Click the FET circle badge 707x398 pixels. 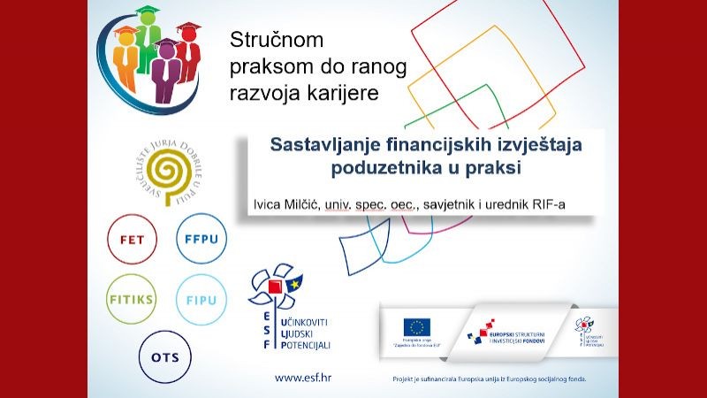(x=131, y=240)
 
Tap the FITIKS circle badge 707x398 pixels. (x=131, y=299)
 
